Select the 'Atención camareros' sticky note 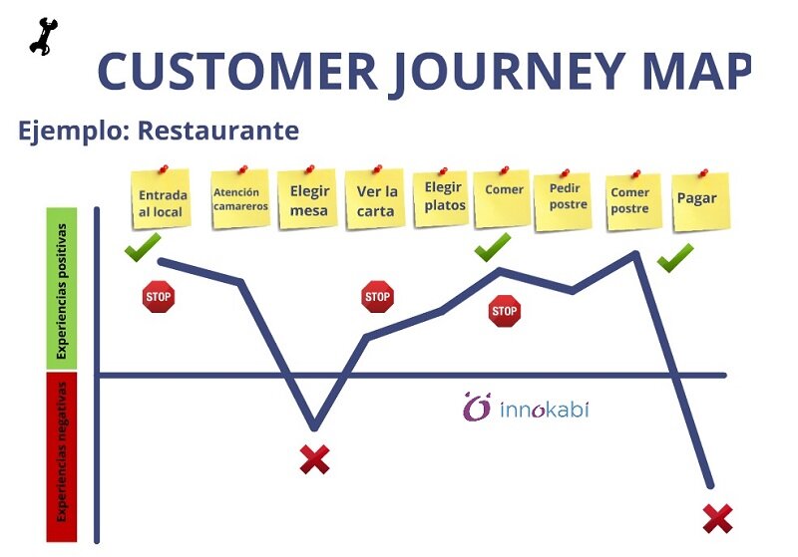(x=240, y=199)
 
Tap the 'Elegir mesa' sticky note (x=309, y=200)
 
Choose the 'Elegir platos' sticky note (x=443, y=197)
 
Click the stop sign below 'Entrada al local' (x=159, y=297)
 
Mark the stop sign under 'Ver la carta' (x=377, y=297)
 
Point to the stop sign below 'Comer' (x=504, y=312)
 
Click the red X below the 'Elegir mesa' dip (x=314, y=459)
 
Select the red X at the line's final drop (x=717, y=518)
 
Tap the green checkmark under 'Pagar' (x=675, y=257)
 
